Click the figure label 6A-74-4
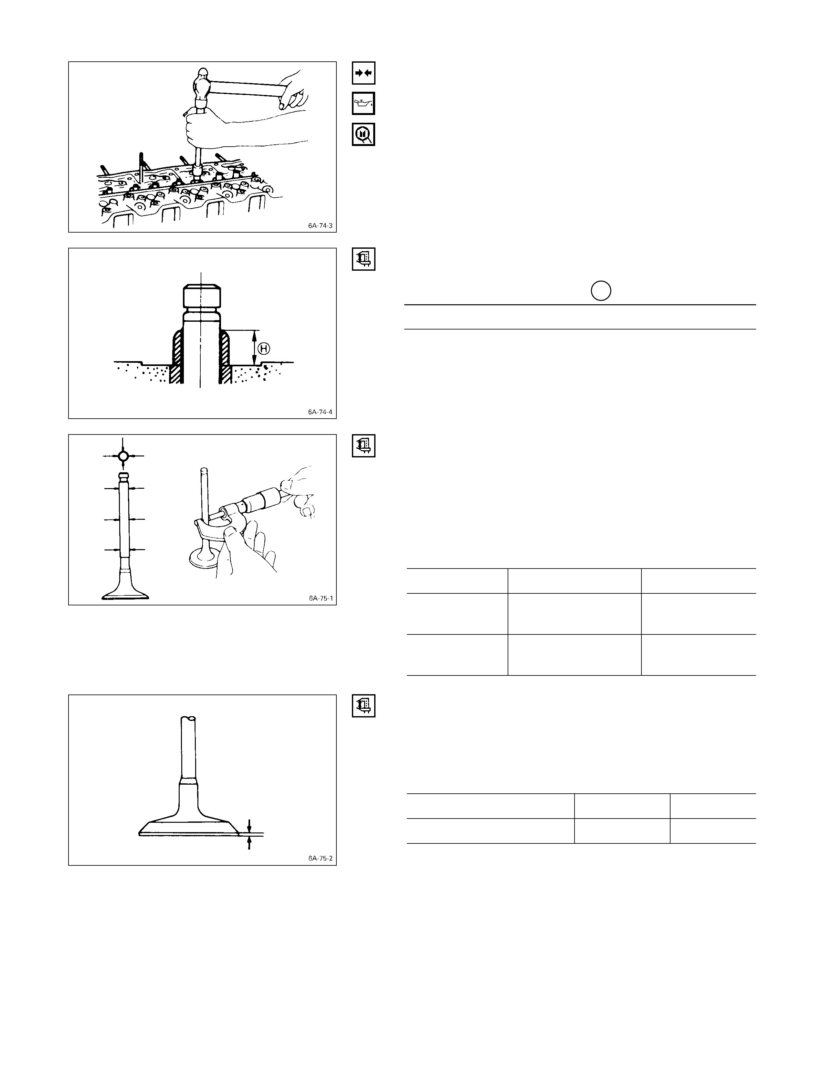tap(320, 412)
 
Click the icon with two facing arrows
tap(364, 73)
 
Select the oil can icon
tap(364, 103)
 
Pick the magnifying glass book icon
tap(364, 134)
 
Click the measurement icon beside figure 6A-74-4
tap(364, 259)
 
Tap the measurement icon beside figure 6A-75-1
tap(364, 446)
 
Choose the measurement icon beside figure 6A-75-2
tap(364, 706)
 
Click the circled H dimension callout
tap(264, 349)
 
